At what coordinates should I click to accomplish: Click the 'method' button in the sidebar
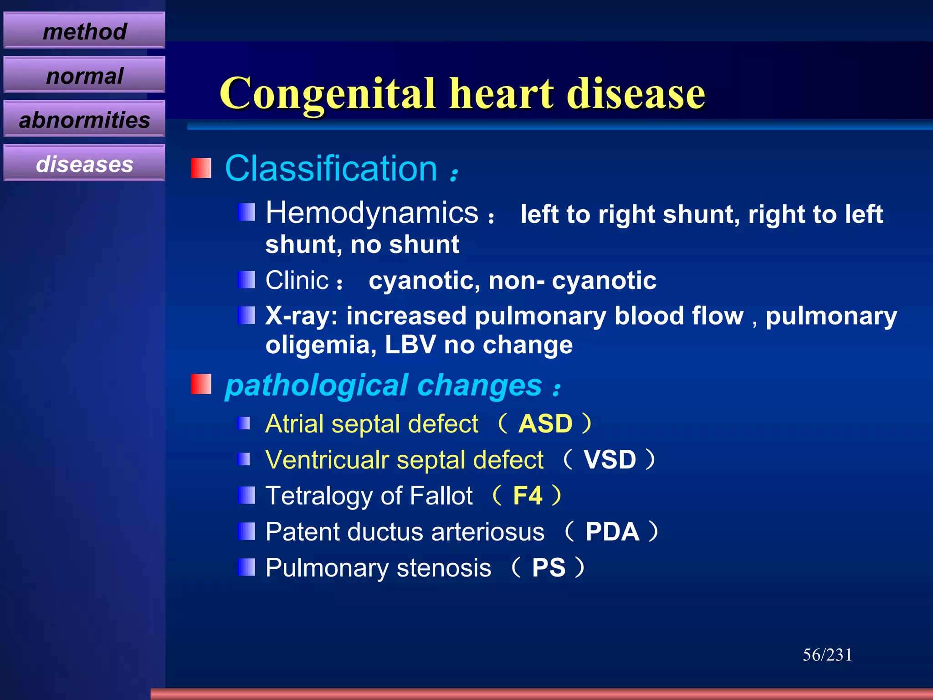click(x=84, y=31)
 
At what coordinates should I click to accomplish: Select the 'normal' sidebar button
click(x=84, y=75)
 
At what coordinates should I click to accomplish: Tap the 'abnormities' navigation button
click(x=84, y=119)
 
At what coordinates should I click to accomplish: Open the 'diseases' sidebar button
click(x=84, y=164)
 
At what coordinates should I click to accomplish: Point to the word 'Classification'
click(x=331, y=169)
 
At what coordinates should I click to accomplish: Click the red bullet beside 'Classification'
click(x=201, y=168)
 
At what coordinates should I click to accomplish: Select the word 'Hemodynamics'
click(x=372, y=213)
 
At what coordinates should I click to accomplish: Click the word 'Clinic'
click(x=297, y=280)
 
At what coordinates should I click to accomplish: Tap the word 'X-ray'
click(x=301, y=316)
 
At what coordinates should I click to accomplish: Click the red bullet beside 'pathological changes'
click(x=201, y=384)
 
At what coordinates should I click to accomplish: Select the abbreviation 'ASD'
click(x=545, y=424)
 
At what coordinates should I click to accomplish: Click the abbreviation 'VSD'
click(x=610, y=459)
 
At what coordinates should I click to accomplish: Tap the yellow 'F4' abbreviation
click(x=528, y=495)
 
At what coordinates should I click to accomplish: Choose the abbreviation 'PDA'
click(x=612, y=531)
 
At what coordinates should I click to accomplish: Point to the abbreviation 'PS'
click(x=549, y=568)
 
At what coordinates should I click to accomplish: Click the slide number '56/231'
click(x=827, y=655)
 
